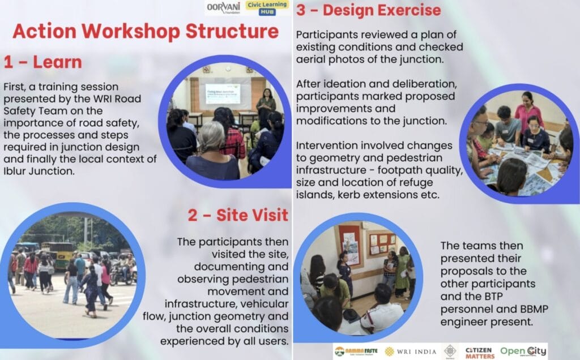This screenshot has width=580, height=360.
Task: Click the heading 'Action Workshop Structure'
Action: coord(146,31)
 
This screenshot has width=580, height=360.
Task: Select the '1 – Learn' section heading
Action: coord(43,62)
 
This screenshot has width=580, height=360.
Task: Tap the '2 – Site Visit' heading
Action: coord(238,215)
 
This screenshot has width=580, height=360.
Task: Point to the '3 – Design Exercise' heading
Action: coord(368,10)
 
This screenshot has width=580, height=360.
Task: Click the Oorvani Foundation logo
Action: coord(223,7)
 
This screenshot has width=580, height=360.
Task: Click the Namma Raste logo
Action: coord(355,352)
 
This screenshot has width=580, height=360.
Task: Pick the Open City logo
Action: coord(523,352)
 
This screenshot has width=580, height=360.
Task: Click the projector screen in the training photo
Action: coord(222,93)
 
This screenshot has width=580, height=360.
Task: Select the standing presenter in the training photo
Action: coord(265,105)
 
